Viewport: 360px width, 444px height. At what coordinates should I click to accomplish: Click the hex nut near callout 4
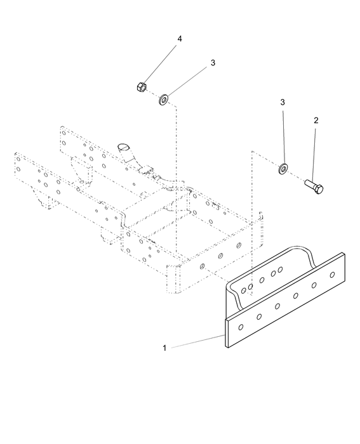(x=142, y=87)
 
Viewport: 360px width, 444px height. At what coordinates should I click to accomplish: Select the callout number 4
(x=180, y=39)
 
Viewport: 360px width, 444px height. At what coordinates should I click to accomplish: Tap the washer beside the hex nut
(x=164, y=100)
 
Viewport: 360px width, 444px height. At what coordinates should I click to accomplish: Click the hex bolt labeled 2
(x=314, y=186)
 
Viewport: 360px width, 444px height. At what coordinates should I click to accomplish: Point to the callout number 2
(x=316, y=121)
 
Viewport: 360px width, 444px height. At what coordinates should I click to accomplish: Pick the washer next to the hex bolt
(x=283, y=169)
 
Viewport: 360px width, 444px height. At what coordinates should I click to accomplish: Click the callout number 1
(x=164, y=348)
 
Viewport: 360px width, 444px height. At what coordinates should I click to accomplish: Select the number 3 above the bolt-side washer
(x=283, y=102)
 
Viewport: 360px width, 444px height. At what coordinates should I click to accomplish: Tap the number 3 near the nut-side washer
(x=213, y=63)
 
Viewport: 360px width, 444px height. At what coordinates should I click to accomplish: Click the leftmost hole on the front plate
(x=241, y=327)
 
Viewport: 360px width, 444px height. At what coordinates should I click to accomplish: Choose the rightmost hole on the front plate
(x=332, y=275)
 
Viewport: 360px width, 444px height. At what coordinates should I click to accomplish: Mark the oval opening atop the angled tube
(x=123, y=147)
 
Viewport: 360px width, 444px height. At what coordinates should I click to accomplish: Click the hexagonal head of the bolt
(x=319, y=190)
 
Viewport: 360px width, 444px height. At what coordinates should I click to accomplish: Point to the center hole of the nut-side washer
(x=164, y=100)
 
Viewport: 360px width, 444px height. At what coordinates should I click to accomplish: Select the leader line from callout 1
(x=197, y=341)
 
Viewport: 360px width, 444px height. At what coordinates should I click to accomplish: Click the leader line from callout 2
(x=314, y=155)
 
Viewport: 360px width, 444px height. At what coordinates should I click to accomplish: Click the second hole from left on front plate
(x=259, y=317)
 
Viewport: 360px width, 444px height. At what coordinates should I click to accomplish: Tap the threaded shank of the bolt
(x=310, y=183)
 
